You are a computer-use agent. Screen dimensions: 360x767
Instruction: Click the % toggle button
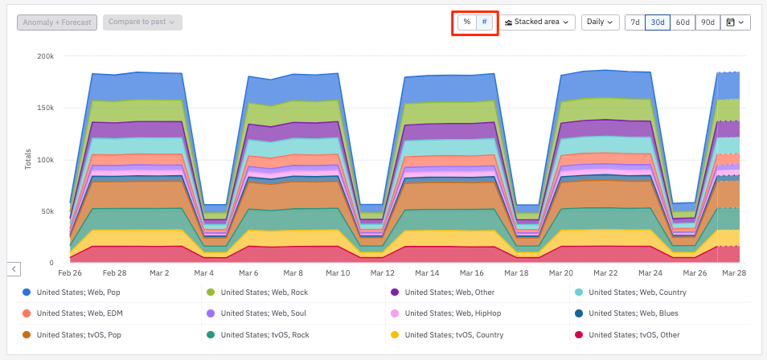tap(467, 22)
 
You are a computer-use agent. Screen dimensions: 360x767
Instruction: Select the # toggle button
tap(484, 22)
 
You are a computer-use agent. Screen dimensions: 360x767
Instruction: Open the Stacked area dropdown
tap(539, 22)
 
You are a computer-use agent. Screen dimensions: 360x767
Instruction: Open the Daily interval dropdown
tap(601, 22)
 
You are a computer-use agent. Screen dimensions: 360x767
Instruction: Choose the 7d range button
tap(635, 22)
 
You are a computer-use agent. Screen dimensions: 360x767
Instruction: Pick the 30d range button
tap(658, 22)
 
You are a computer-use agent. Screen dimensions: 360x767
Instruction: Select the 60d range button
tap(683, 22)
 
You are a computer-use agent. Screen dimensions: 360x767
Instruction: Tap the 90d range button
tap(708, 22)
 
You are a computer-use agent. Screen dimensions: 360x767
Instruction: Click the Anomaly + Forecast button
tap(58, 22)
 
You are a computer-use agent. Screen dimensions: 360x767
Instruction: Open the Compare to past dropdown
tap(142, 22)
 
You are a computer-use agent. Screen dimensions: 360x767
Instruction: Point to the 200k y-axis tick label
tap(45, 56)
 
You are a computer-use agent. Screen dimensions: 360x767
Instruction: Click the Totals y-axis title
tap(28, 159)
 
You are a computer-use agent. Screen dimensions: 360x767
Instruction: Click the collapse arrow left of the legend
tap(14, 268)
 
